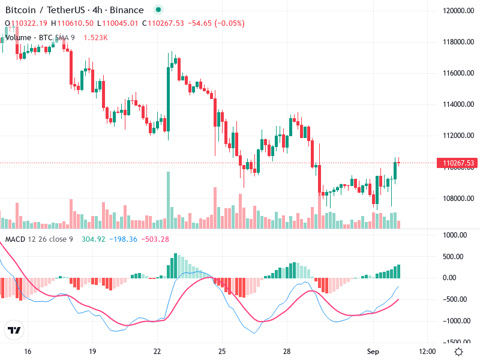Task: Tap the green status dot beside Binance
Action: (158, 10)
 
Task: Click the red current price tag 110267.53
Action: (458, 163)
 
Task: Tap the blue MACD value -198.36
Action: (125, 239)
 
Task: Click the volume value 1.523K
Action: (95, 37)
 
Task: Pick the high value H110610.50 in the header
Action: (72, 23)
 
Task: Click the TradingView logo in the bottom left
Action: (14, 331)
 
